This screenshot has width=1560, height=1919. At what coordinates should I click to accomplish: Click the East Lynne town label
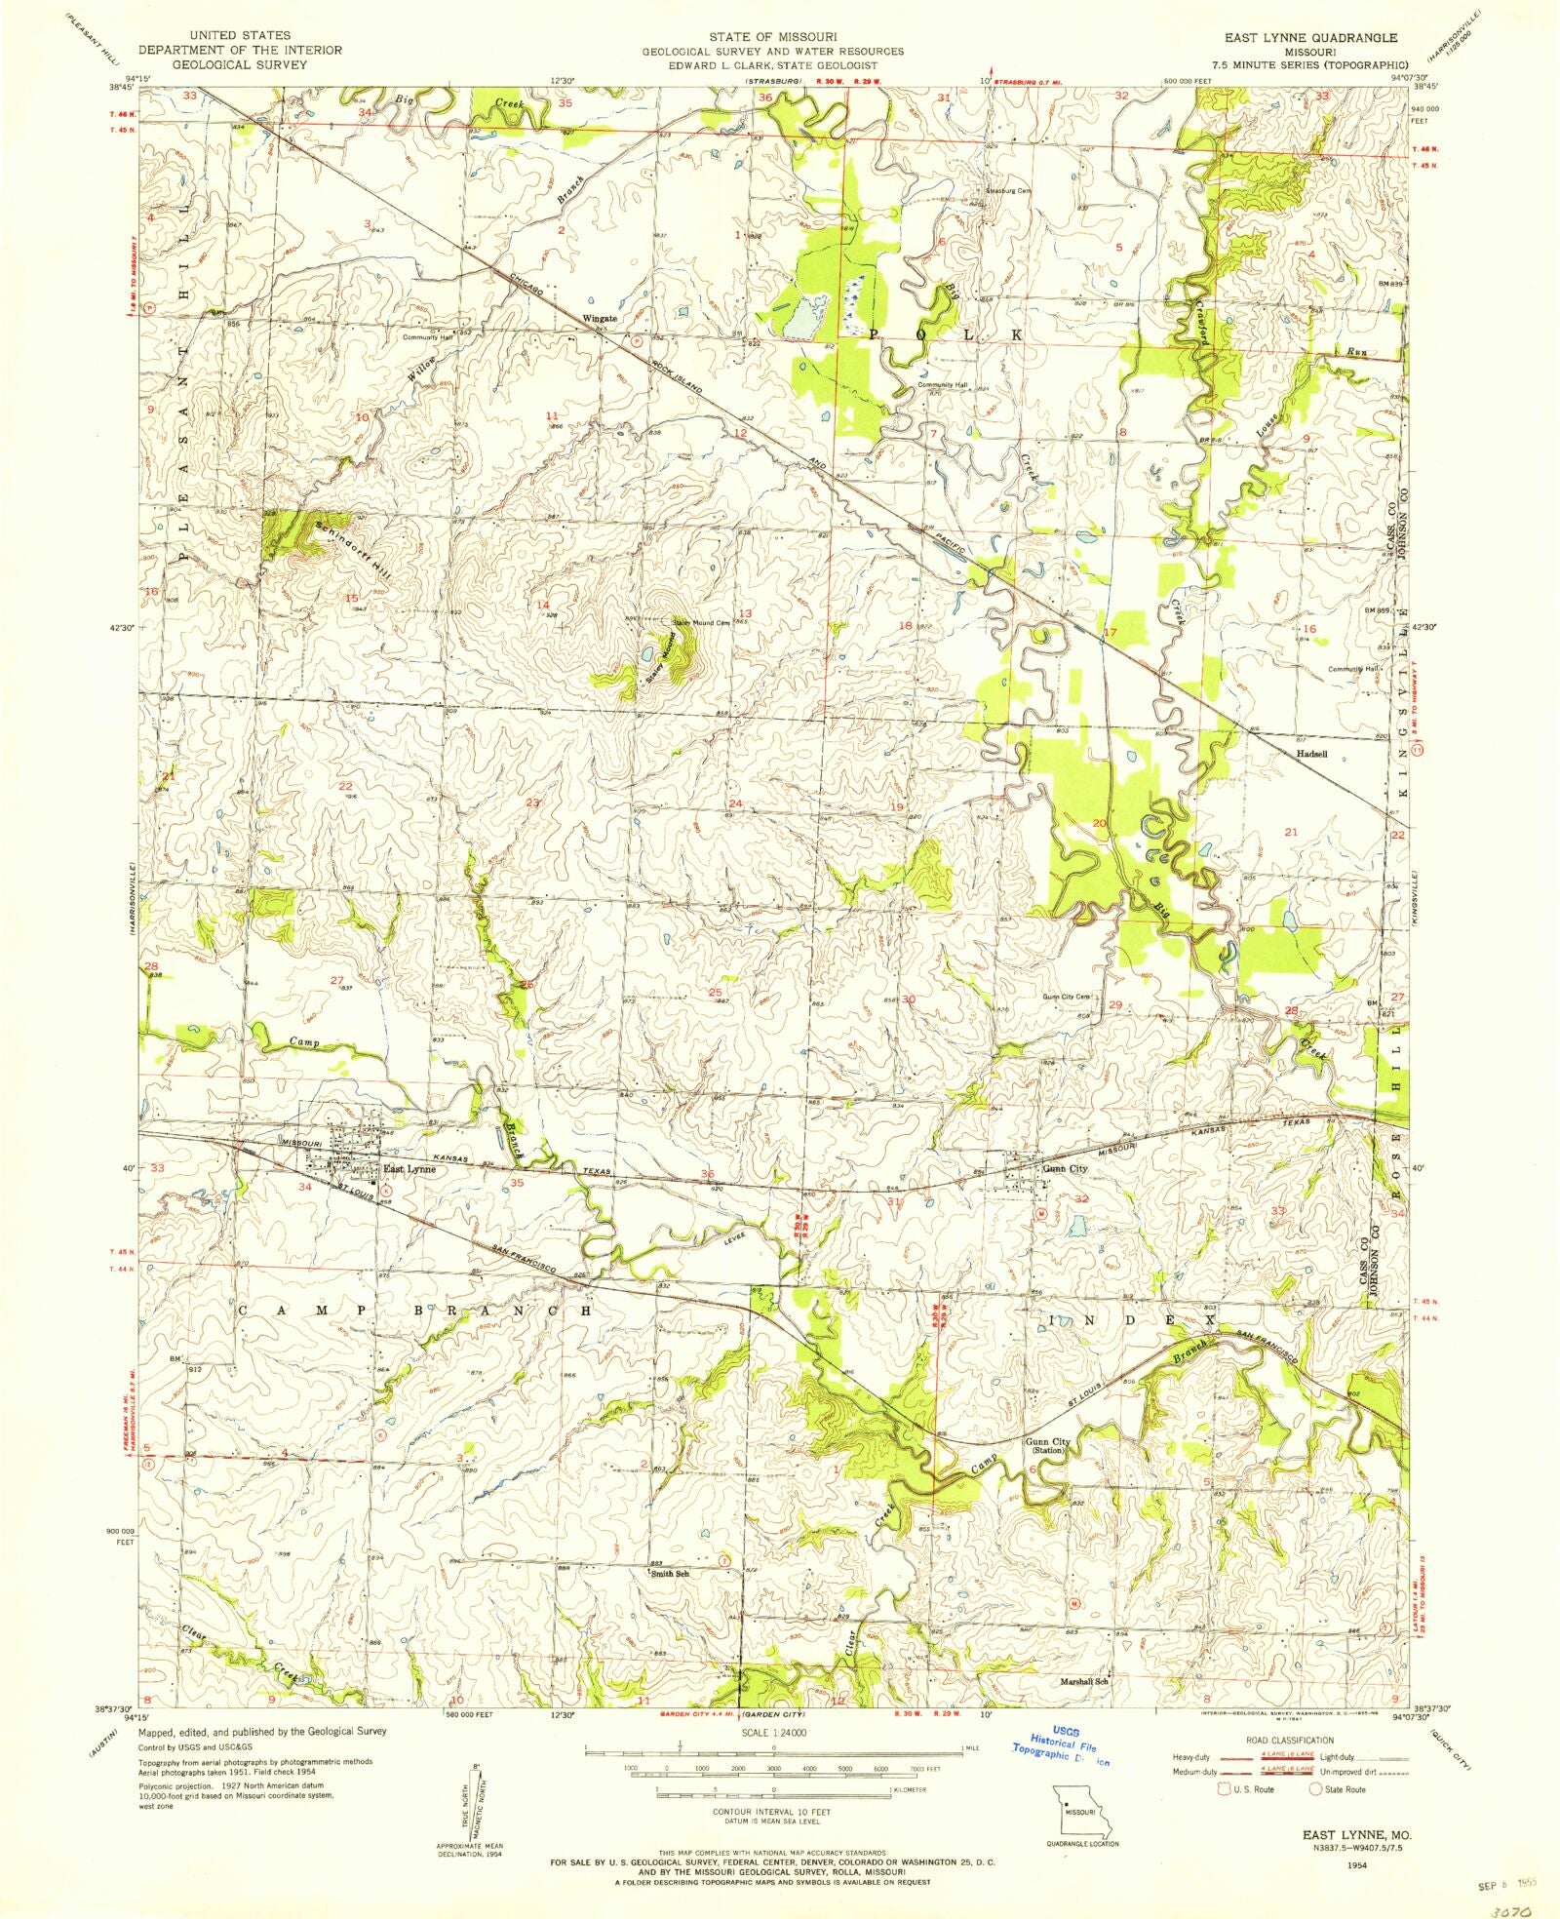pyautogui.click(x=409, y=1168)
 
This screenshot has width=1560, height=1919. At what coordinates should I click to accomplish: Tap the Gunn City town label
pyautogui.click(x=1065, y=1168)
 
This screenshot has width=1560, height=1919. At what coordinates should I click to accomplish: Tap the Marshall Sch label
pyautogui.click(x=1085, y=1681)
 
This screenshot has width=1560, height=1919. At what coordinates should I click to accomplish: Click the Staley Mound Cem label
pyautogui.click(x=701, y=622)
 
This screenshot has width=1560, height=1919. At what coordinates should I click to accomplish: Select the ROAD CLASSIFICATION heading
pyautogui.click(x=1285, y=1741)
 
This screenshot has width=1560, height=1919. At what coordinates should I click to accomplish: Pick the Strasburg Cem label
pyautogui.click(x=1008, y=191)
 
